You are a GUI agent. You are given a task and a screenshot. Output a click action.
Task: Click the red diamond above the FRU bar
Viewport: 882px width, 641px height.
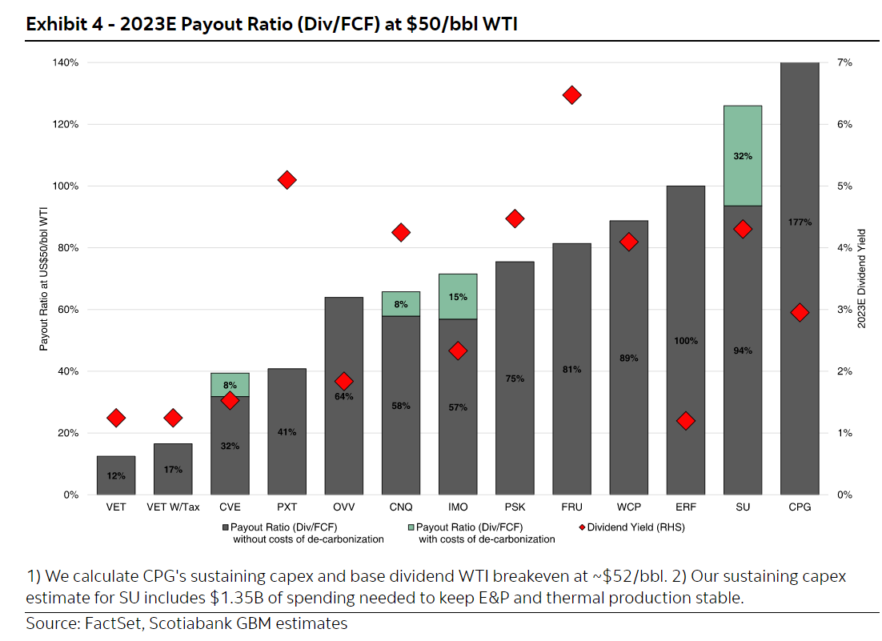tap(571, 95)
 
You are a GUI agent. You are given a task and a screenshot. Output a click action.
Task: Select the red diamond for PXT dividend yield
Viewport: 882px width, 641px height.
tap(287, 180)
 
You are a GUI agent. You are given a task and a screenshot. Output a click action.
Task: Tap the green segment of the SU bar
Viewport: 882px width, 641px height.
tap(743, 156)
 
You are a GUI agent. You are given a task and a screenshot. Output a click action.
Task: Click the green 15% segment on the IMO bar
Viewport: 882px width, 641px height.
tap(458, 296)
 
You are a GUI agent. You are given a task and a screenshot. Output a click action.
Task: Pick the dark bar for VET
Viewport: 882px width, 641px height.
tap(116, 475)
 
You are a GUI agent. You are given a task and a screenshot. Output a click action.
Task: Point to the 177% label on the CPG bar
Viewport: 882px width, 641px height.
tap(800, 222)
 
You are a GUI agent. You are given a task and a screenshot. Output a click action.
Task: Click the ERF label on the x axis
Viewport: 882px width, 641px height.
tap(686, 507)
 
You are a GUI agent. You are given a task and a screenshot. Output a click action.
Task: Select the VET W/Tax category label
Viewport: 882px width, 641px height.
tap(173, 507)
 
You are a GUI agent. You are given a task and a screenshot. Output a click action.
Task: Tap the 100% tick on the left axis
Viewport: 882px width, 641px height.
tap(66, 186)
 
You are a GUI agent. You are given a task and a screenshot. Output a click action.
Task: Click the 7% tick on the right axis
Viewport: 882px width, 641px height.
tap(844, 62)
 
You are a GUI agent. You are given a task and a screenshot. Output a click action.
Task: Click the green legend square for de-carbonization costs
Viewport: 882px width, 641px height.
tap(411, 527)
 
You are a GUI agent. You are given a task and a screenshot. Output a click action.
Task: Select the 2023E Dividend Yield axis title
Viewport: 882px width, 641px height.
tap(861, 278)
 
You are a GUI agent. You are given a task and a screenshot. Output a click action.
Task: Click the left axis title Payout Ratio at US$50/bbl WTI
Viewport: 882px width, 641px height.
tap(43, 279)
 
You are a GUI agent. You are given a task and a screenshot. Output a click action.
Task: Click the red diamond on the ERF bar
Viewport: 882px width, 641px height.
tap(686, 421)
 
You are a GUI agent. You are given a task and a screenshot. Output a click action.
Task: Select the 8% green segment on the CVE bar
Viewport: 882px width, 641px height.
tap(230, 385)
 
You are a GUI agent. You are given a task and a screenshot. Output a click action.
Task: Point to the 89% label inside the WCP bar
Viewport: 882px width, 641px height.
tap(629, 359)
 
